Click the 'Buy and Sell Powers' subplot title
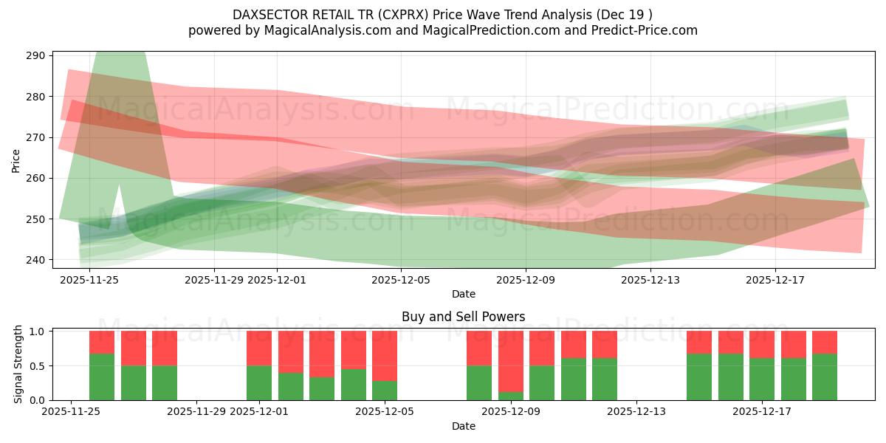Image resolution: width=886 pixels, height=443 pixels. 463,317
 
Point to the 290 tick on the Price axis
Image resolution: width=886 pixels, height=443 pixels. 37,55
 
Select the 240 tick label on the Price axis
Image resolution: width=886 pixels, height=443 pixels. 37,260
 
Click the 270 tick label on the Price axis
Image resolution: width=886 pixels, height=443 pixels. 37,137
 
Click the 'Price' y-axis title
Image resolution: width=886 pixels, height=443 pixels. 16,160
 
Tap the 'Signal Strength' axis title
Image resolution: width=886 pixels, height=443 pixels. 18,365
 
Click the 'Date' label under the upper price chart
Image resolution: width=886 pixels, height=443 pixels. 463,294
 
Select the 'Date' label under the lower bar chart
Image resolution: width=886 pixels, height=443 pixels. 463,426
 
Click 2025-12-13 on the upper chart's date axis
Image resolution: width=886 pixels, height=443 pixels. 650,280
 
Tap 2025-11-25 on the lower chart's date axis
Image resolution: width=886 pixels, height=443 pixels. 71,412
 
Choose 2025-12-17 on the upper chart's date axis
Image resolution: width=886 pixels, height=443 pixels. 775,280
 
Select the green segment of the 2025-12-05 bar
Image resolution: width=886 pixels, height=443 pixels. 385,391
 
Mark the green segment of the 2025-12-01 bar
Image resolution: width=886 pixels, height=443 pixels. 259,382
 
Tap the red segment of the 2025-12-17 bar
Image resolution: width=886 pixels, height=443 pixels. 762,344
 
